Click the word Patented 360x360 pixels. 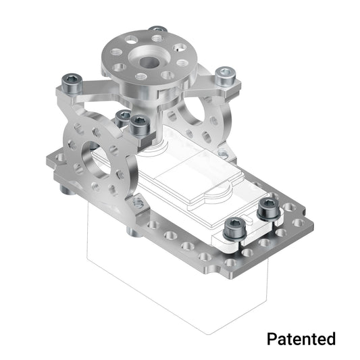(x=301, y=338)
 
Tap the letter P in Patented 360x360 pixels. (x=272, y=338)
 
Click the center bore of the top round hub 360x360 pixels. (x=147, y=59)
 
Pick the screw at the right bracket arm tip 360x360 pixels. (x=225, y=76)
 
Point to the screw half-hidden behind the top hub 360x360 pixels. (x=157, y=30)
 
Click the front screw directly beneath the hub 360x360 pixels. (x=140, y=124)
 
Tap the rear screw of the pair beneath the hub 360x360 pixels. (x=123, y=117)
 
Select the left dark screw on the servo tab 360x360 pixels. (x=234, y=227)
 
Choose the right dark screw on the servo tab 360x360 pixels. (x=268, y=208)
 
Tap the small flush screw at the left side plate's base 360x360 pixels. (x=137, y=203)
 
